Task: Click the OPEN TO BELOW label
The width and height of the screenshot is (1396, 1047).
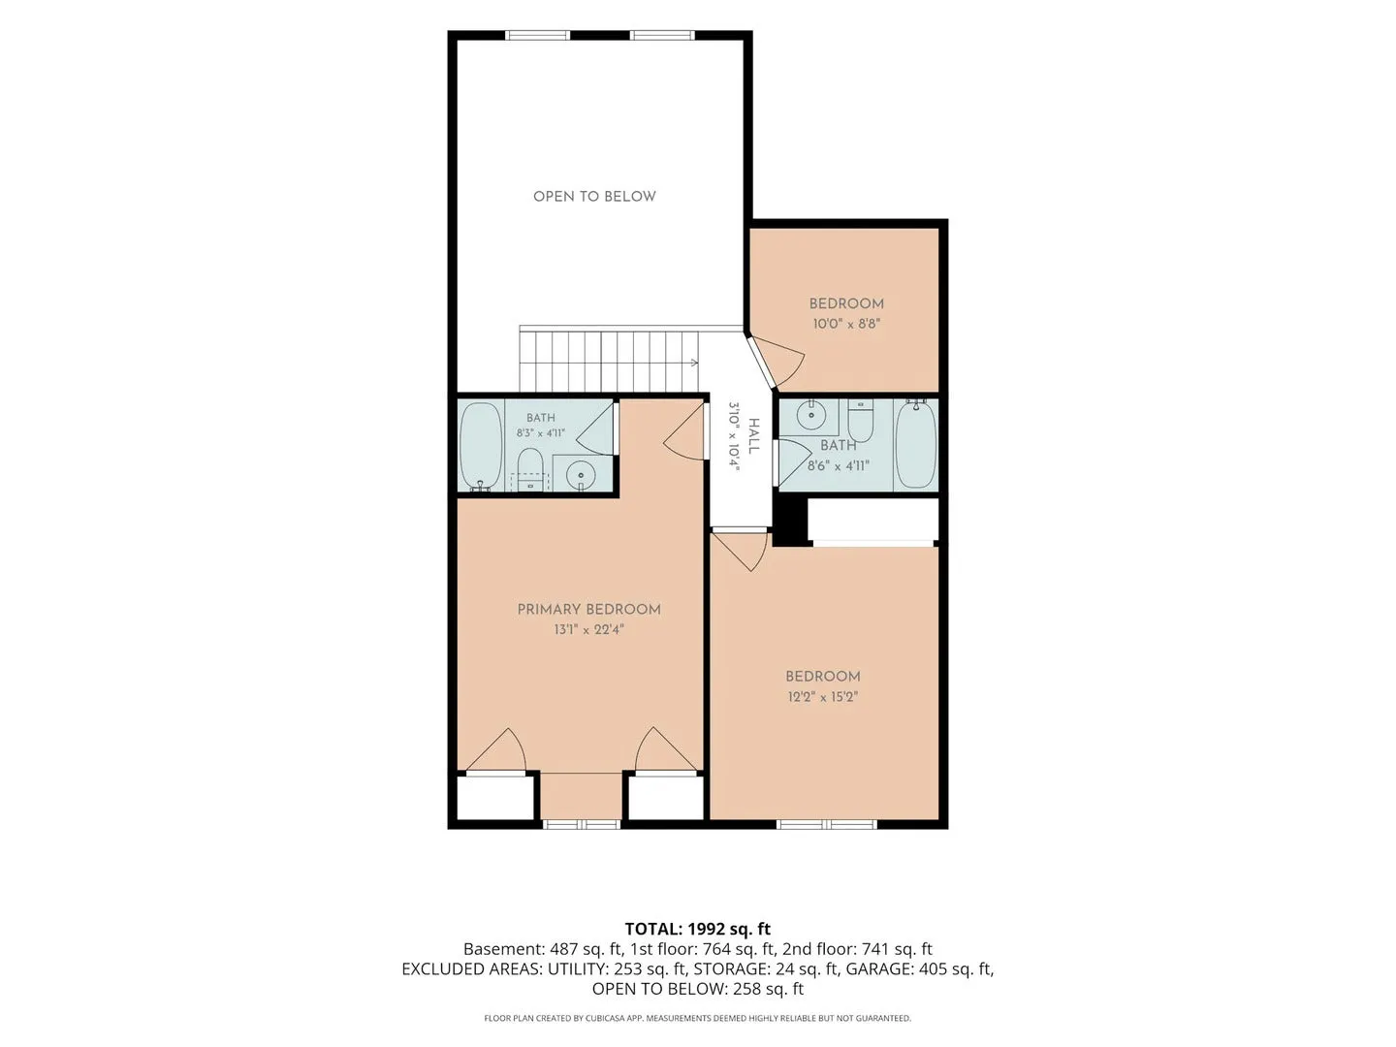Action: (x=594, y=197)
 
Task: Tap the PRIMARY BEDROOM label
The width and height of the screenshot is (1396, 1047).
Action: (x=588, y=609)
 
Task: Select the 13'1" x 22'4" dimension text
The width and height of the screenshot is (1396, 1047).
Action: (x=588, y=629)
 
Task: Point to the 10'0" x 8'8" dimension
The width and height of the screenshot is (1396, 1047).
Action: (x=846, y=324)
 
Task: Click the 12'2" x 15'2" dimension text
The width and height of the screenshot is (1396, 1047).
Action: (x=823, y=697)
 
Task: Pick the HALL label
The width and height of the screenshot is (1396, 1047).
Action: (x=753, y=436)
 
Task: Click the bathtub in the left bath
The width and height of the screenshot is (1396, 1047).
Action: (x=482, y=446)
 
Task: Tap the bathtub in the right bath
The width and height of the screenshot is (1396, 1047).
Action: (x=916, y=444)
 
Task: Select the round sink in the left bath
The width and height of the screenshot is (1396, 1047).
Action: (x=580, y=474)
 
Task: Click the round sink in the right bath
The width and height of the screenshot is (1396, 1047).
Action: (x=811, y=416)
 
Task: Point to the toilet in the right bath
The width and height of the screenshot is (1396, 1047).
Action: (x=861, y=422)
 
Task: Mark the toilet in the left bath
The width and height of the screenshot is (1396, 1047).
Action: (x=529, y=470)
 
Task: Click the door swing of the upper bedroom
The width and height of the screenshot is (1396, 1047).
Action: (x=777, y=361)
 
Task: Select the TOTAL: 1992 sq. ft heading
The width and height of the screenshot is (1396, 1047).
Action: (x=698, y=929)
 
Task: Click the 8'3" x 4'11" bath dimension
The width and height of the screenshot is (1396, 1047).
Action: (x=541, y=433)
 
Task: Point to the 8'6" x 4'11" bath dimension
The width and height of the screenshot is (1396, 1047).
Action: (x=839, y=466)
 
